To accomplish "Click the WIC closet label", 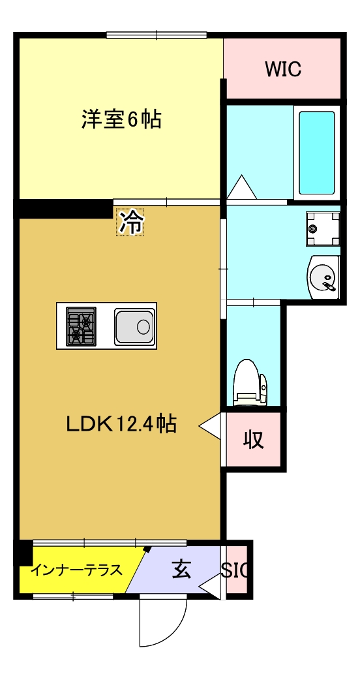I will tap(283, 69).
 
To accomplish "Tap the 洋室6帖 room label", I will tap(121, 120).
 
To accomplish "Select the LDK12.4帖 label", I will tap(121, 424).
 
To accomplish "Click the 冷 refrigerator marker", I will tap(130, 222).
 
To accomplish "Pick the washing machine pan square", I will tap(323, 229).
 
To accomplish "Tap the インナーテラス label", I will tap(77, 570).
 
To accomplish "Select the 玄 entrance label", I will tap(181, 570).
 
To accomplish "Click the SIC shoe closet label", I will tap(235, 570).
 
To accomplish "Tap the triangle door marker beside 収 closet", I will tap(210, 427).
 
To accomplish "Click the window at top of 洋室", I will tap(157, 35).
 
